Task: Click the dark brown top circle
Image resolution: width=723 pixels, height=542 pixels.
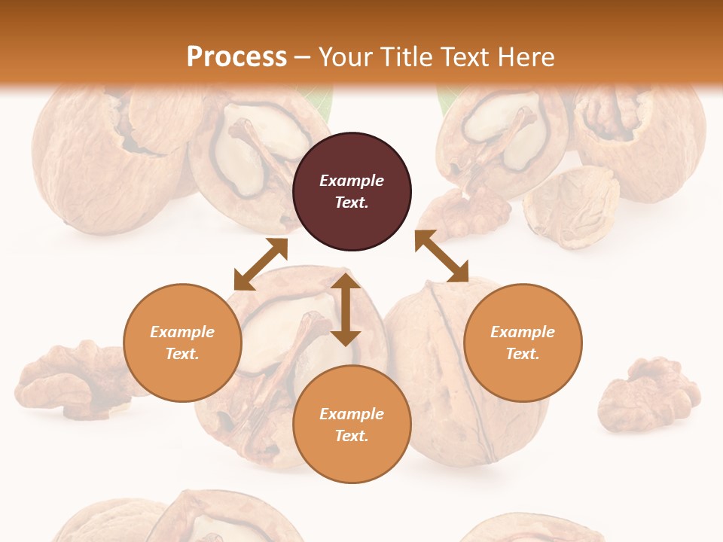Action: (x=352, y=191)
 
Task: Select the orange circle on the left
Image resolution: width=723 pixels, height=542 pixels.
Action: (x=182, y=343)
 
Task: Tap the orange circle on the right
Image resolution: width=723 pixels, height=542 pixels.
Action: (x=523, y=343)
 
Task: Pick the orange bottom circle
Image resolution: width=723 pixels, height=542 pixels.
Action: (x=352, y=425)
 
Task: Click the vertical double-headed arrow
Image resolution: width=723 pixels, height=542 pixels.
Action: (x=346, y=309)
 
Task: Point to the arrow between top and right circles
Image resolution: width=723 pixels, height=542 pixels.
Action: (x=442, y=256)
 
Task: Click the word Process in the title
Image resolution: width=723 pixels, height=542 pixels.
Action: (x=236, y=56)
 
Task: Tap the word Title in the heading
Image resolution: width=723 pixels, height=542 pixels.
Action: (x=406, y=56)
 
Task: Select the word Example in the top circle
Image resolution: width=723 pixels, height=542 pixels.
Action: (x=352, y=181)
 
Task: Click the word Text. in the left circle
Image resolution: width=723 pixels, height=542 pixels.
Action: (x=182, y=354)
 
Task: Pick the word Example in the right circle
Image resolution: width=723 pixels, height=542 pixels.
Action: (x=523, y=332)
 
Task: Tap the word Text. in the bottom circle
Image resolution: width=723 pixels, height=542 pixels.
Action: (x=352, y=436)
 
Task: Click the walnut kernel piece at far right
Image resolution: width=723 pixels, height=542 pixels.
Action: (x=648, y=394)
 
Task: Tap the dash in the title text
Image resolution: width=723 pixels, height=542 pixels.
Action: (x=303, y=57)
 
